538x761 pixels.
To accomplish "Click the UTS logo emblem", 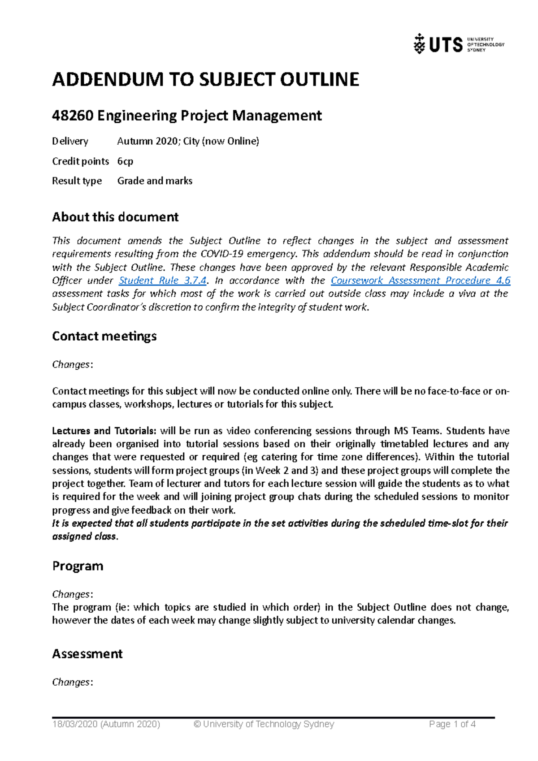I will tap(419, 44).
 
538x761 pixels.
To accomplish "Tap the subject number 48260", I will tap(73, 116).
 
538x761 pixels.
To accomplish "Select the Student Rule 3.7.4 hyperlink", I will tap(162, 281).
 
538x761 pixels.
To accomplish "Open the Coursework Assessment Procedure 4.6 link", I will tap(420, 281).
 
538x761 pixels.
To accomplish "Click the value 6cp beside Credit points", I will tap(125, 161).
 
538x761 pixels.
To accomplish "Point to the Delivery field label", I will tap(70, 142).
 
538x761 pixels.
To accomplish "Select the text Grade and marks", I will tap(155, 181).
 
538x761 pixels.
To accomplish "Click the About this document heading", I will tap(115, 217).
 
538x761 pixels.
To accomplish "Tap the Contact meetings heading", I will tap(104, 336).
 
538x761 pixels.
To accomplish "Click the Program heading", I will tap(78, 566).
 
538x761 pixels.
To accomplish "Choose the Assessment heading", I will tap(87, 654).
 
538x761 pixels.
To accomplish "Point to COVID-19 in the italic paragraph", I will tap(221, 254).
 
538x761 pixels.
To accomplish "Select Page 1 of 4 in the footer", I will tap(452, 724).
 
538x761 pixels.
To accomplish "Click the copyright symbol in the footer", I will tap(197, 724).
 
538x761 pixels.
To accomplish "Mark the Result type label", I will tap(77, 181).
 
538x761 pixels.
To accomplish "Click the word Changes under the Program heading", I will tap(71, 594).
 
